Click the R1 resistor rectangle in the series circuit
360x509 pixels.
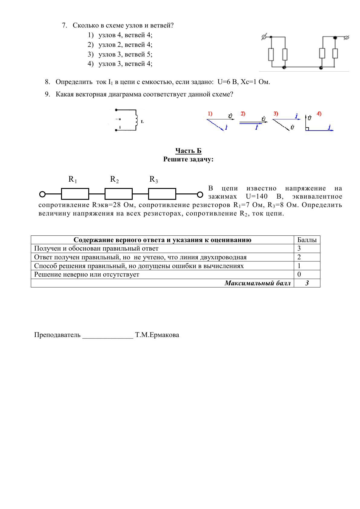click(75, 194)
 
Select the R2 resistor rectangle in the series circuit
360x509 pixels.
click(118, 194)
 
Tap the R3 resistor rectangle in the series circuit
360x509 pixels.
click(162, 194)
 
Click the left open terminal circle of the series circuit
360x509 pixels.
click(43, 194)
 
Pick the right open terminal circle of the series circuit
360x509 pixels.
click(200, 194)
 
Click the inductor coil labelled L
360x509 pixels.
click(137, 120)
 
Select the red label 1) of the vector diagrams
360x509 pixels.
click(210, 114)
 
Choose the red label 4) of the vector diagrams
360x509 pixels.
click(319, 114)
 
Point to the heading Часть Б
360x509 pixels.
click(188, 151)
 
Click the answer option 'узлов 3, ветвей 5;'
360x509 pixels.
click(125, 54)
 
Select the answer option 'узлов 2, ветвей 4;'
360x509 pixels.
click(125, 45)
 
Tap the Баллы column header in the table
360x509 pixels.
click(307, 240)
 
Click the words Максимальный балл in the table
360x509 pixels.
click(258, 283)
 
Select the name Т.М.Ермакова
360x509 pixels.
click(157, 335)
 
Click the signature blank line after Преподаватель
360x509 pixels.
click(108, 336)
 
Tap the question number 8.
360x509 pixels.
click(47, 82)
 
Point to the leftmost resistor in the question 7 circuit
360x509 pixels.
click(271, 54)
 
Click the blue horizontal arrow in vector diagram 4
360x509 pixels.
click(320, 130)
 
